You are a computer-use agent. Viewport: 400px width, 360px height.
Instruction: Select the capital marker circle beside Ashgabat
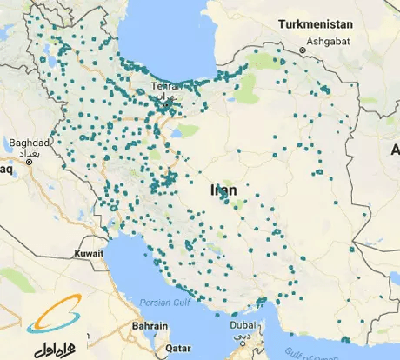[x=303, y=50]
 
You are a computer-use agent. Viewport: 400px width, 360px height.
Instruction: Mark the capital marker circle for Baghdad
[x=30, y=161]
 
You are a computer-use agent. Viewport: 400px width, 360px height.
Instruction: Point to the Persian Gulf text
[x=164, y=303]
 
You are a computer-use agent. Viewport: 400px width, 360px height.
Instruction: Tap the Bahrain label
[x=150, y=325]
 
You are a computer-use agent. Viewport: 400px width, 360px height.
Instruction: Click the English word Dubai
[x=243, y=325]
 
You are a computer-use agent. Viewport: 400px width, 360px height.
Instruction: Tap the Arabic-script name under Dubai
[x=245, y=334]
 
